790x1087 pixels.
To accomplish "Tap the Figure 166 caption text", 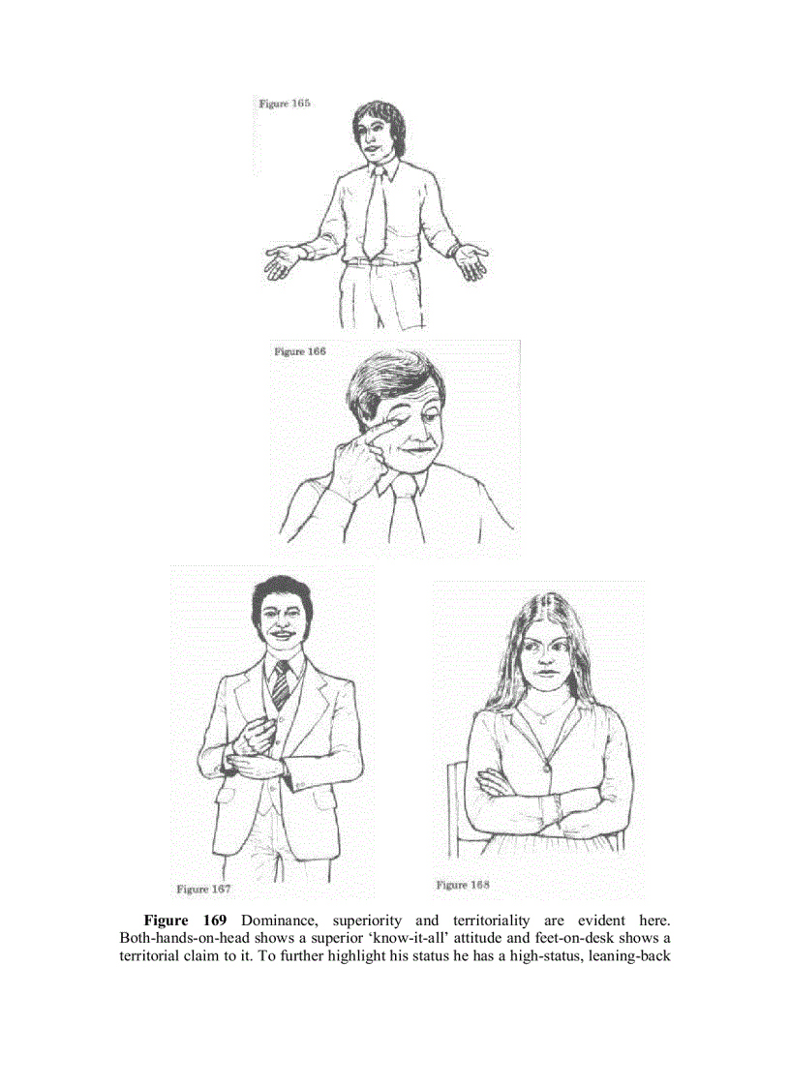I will [x=299, y=351].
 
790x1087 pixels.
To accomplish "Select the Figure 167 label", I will [x=203, y=888].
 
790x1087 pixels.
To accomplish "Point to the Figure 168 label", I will [x=463, y=885].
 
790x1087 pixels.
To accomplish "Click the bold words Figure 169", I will [x=185, y=920].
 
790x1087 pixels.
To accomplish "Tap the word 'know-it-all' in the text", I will [x=399, y=938].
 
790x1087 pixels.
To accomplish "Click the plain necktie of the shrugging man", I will [x=375, y=218].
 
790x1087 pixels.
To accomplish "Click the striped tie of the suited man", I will [x=279, y=684].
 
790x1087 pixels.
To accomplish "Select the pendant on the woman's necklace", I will [x=545, y=768].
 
